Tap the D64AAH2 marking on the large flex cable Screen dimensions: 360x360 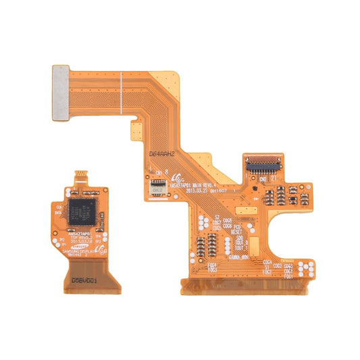[162, 154]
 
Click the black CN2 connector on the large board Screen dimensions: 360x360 [261, 163]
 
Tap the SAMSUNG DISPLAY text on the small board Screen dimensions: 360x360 [80, 251]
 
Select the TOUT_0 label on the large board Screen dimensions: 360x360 [238, 249]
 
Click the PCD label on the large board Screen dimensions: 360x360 [238, 227]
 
